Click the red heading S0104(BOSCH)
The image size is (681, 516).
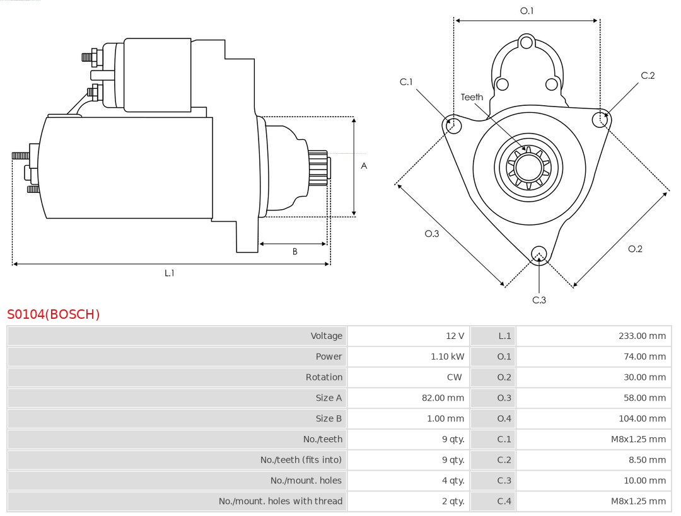53,314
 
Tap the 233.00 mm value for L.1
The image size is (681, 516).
642,336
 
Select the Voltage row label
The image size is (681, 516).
326,336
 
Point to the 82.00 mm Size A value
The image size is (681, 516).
443,398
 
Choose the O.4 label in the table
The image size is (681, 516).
504,418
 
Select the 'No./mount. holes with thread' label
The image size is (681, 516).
281,502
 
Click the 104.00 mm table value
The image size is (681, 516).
642,418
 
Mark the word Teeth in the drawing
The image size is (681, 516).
472,97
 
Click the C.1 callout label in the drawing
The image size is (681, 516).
406,81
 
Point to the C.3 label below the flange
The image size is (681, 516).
539,300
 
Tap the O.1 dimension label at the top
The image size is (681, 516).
527,11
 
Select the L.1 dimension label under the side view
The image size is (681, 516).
169,273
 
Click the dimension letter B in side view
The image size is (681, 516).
294,251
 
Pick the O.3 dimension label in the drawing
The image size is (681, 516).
431,233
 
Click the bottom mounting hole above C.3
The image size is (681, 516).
538,254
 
